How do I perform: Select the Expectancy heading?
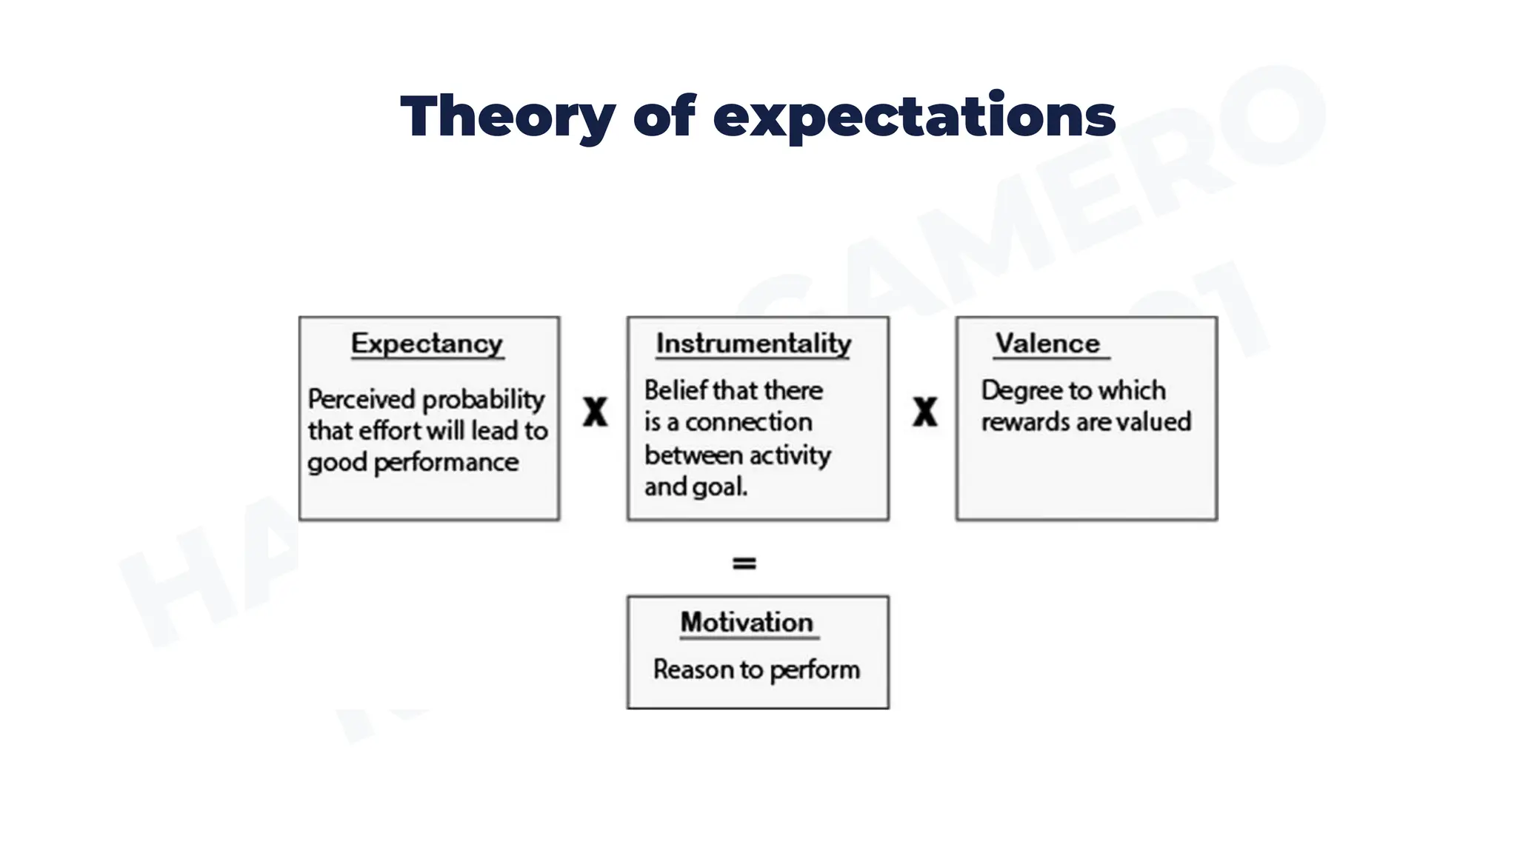(427, 344)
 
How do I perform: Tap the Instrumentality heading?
(753, 344)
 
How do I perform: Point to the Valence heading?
(1047, 344)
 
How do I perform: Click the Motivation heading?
(747, 623)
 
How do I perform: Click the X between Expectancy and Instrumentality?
(595, 412)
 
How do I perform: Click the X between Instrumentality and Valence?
(924, 412)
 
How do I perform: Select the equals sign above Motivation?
(744, 563)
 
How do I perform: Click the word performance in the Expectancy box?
(446, 463)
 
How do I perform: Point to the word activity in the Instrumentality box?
(790, 455)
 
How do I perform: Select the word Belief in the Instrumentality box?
(675, 390)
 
